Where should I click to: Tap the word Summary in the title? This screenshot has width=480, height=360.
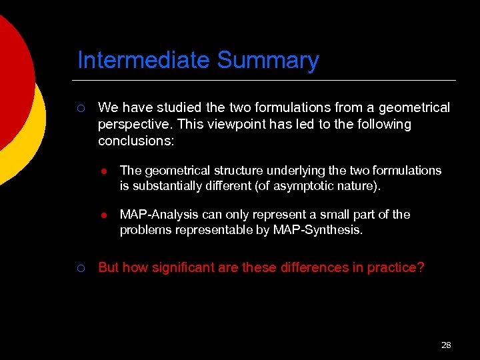point(268,61)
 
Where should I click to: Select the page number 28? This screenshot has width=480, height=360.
point(446,345)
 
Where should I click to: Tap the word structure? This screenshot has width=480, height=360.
point(223,171)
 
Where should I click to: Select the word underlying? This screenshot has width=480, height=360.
point(282,171)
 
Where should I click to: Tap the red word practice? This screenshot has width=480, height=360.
point(399,268)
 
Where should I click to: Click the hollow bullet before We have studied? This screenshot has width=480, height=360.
point(80,108)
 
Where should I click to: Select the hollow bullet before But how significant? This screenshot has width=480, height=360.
point(80,268)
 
